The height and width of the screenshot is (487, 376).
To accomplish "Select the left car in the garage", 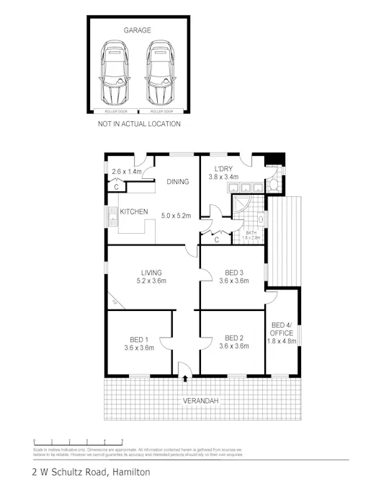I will click(115, 73).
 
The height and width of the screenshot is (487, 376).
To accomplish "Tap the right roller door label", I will click(161, 112).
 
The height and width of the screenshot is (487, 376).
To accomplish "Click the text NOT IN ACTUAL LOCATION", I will click(139, 124).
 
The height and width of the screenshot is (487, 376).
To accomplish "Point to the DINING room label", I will click(177, 182).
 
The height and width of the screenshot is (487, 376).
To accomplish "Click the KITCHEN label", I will click(134, 211).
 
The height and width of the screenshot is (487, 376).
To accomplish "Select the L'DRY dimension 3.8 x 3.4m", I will click(223, 177).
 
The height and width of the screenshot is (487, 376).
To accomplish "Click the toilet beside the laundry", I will click(274, 187).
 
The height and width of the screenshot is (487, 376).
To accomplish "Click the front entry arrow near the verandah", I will click(185, 377).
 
